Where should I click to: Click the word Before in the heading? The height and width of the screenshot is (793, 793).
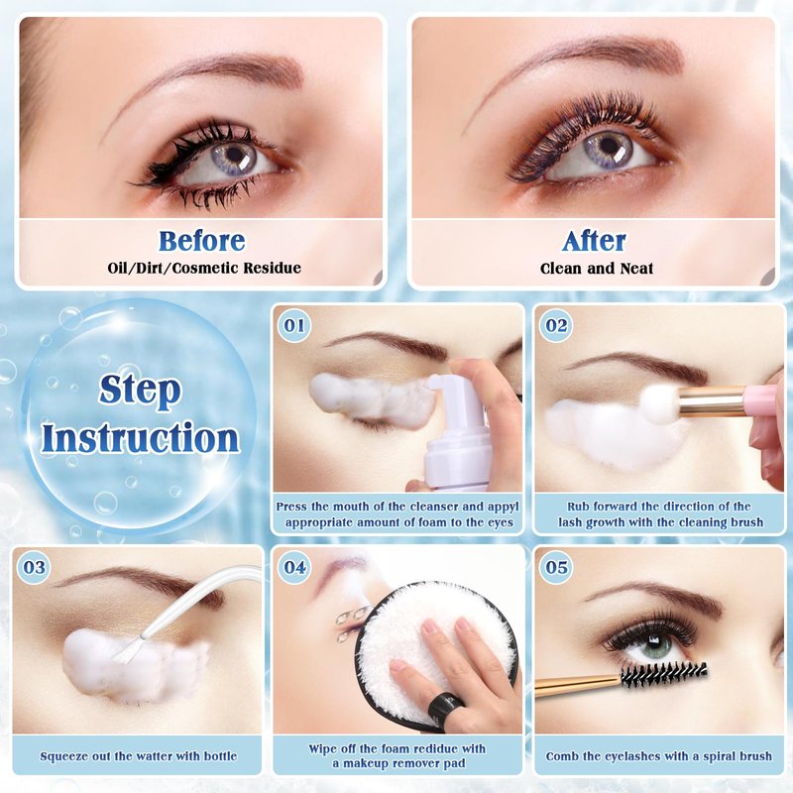coord(202,241)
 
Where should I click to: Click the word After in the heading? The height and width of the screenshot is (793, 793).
coord(594,241)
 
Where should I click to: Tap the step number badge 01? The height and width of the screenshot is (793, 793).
coord(294,325)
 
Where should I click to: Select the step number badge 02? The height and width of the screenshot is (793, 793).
coord(556,325)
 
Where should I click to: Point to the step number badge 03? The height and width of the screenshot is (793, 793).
coord(34,567)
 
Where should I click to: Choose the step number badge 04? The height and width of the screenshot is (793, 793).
coord(294,567)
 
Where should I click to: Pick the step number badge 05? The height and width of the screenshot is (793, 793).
coord(556,567)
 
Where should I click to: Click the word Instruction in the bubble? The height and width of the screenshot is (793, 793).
coord(140,438)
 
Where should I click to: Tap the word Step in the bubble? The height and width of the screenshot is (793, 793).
coord(140,391)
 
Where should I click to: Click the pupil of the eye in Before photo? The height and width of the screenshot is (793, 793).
coord(234,154)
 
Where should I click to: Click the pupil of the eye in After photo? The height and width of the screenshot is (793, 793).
coord(608,147)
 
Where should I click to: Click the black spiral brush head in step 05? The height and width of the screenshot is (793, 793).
coord(663,674)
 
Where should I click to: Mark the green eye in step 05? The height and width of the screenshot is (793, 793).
coord(657,646)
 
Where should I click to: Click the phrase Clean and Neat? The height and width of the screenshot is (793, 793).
coord(597,268)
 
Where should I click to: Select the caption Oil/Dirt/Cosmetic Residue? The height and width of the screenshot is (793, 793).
coord(204,268)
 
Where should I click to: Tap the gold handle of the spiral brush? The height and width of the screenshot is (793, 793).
coord(578,686)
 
